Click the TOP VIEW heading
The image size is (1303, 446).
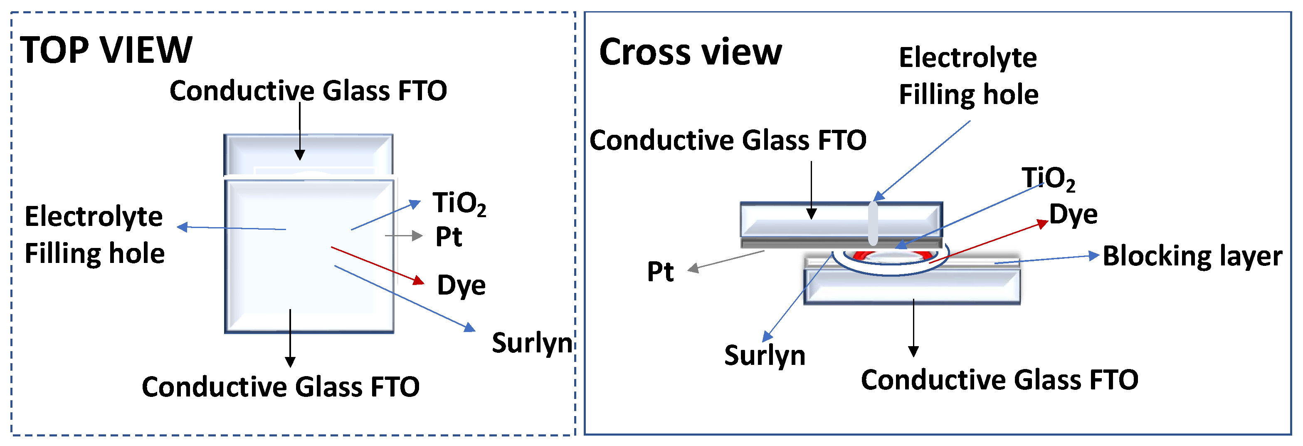(106, 51)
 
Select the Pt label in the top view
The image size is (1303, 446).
(449, 237)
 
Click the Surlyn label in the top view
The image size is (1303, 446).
(532, 343)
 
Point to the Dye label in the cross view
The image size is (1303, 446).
(1073, 215)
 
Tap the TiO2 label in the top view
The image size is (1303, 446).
(459, 203)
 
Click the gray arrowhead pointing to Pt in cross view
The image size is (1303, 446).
(693, 269)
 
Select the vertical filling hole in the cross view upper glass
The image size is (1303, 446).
(873, 223)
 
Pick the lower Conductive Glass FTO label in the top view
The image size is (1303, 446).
(280, 387)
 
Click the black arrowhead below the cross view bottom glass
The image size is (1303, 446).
(913, 351)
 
